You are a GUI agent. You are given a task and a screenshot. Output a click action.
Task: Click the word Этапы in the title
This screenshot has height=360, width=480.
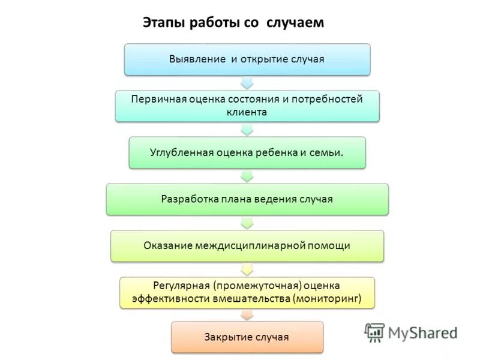(x=164, y=23)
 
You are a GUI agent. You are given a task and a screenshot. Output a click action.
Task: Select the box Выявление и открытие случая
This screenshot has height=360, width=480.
(x=247, y=59)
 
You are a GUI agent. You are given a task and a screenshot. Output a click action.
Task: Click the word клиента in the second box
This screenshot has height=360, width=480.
(x=247, y=112)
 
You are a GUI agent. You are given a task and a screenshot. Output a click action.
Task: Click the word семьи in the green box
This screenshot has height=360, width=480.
(x=327, y=152)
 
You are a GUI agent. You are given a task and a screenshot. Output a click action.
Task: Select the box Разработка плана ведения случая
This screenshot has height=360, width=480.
(x=247, y=199)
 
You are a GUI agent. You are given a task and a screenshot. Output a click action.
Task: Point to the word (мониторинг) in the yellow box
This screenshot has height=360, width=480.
(x=328, y=298)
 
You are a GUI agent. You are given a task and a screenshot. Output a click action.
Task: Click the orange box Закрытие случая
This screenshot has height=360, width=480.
(x=247, y=337)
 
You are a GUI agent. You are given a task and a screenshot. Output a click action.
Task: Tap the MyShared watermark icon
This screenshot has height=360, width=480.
(x=374, y=332)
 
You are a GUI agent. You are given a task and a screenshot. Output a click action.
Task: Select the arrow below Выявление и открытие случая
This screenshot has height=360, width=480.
(x=247, y=83)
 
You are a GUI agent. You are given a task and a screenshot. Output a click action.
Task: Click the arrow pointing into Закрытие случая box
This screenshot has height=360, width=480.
(x=247, y=315)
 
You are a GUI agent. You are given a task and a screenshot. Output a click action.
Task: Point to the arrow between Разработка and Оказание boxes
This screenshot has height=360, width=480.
(x=247, y=223)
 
